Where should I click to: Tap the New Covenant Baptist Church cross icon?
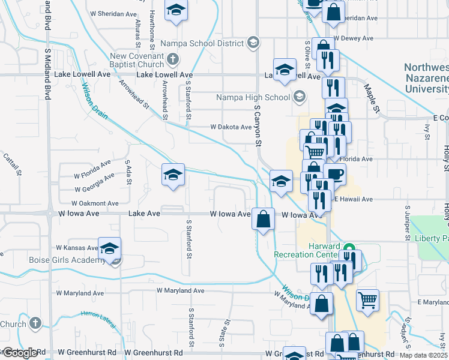(173, 59)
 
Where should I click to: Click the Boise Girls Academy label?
(67, 260)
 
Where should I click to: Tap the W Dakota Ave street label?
(231, 127)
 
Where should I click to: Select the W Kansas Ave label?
(77, 247)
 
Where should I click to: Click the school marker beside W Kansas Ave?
(110, 248)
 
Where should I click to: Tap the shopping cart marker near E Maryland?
(367, 299)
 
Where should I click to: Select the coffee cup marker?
(336, 174)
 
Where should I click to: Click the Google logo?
(20, 352)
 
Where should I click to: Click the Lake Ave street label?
(145, 213)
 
